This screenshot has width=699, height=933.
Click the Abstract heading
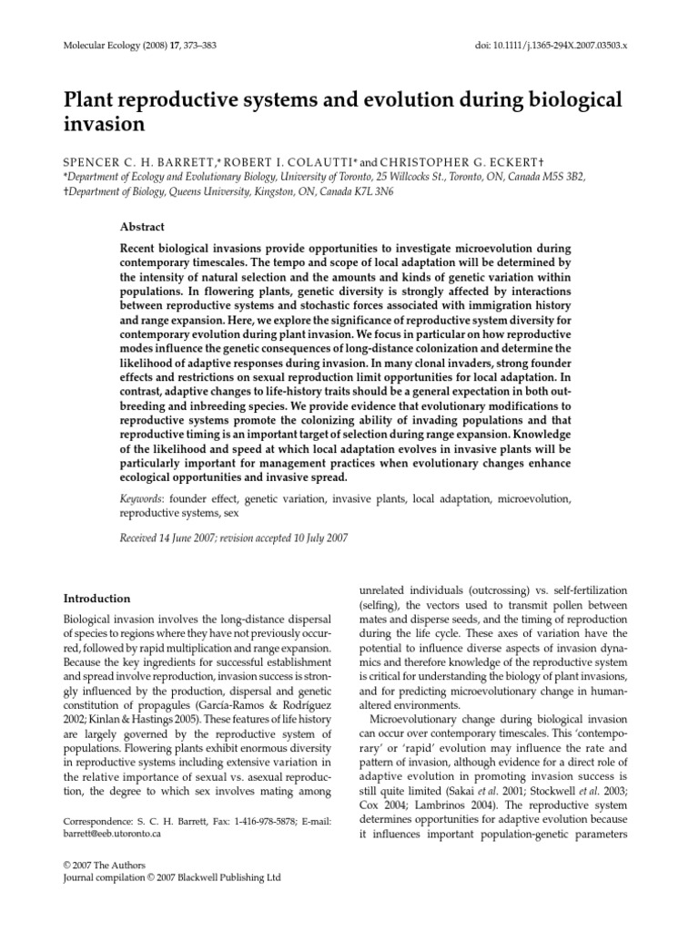click(x=144, y=227)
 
